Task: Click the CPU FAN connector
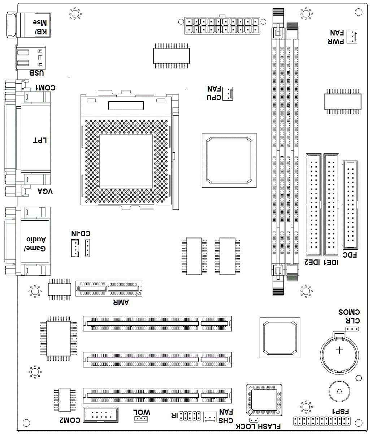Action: click(x=227, y=93)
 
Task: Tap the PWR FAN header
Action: click(x=352, y=37)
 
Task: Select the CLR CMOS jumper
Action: click(x=352, y=329)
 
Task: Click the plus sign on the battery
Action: click(x=339, y=350)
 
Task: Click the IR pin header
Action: click(x=190, y=416)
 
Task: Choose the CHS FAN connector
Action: click(x=210, y=417)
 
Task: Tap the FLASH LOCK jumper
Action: click(x=253, y=420)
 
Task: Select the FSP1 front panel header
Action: click(x=322, y=421)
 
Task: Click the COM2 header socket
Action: click(x=101, y=415)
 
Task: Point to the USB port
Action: click(x=31, y=58)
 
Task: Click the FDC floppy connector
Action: click(x=350, y=204)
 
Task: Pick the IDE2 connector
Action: click(x=314, y=204)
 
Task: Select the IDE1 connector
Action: click(x=331, y=204)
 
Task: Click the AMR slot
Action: click(x=109, y=289)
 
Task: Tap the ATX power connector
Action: click(x=222, y=25)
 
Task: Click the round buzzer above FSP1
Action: click(x=339, y=391)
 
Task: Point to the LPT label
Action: click(x=40, y=140)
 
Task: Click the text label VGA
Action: click(x=45, y=191)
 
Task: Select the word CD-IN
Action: click(x=81, y=233)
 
